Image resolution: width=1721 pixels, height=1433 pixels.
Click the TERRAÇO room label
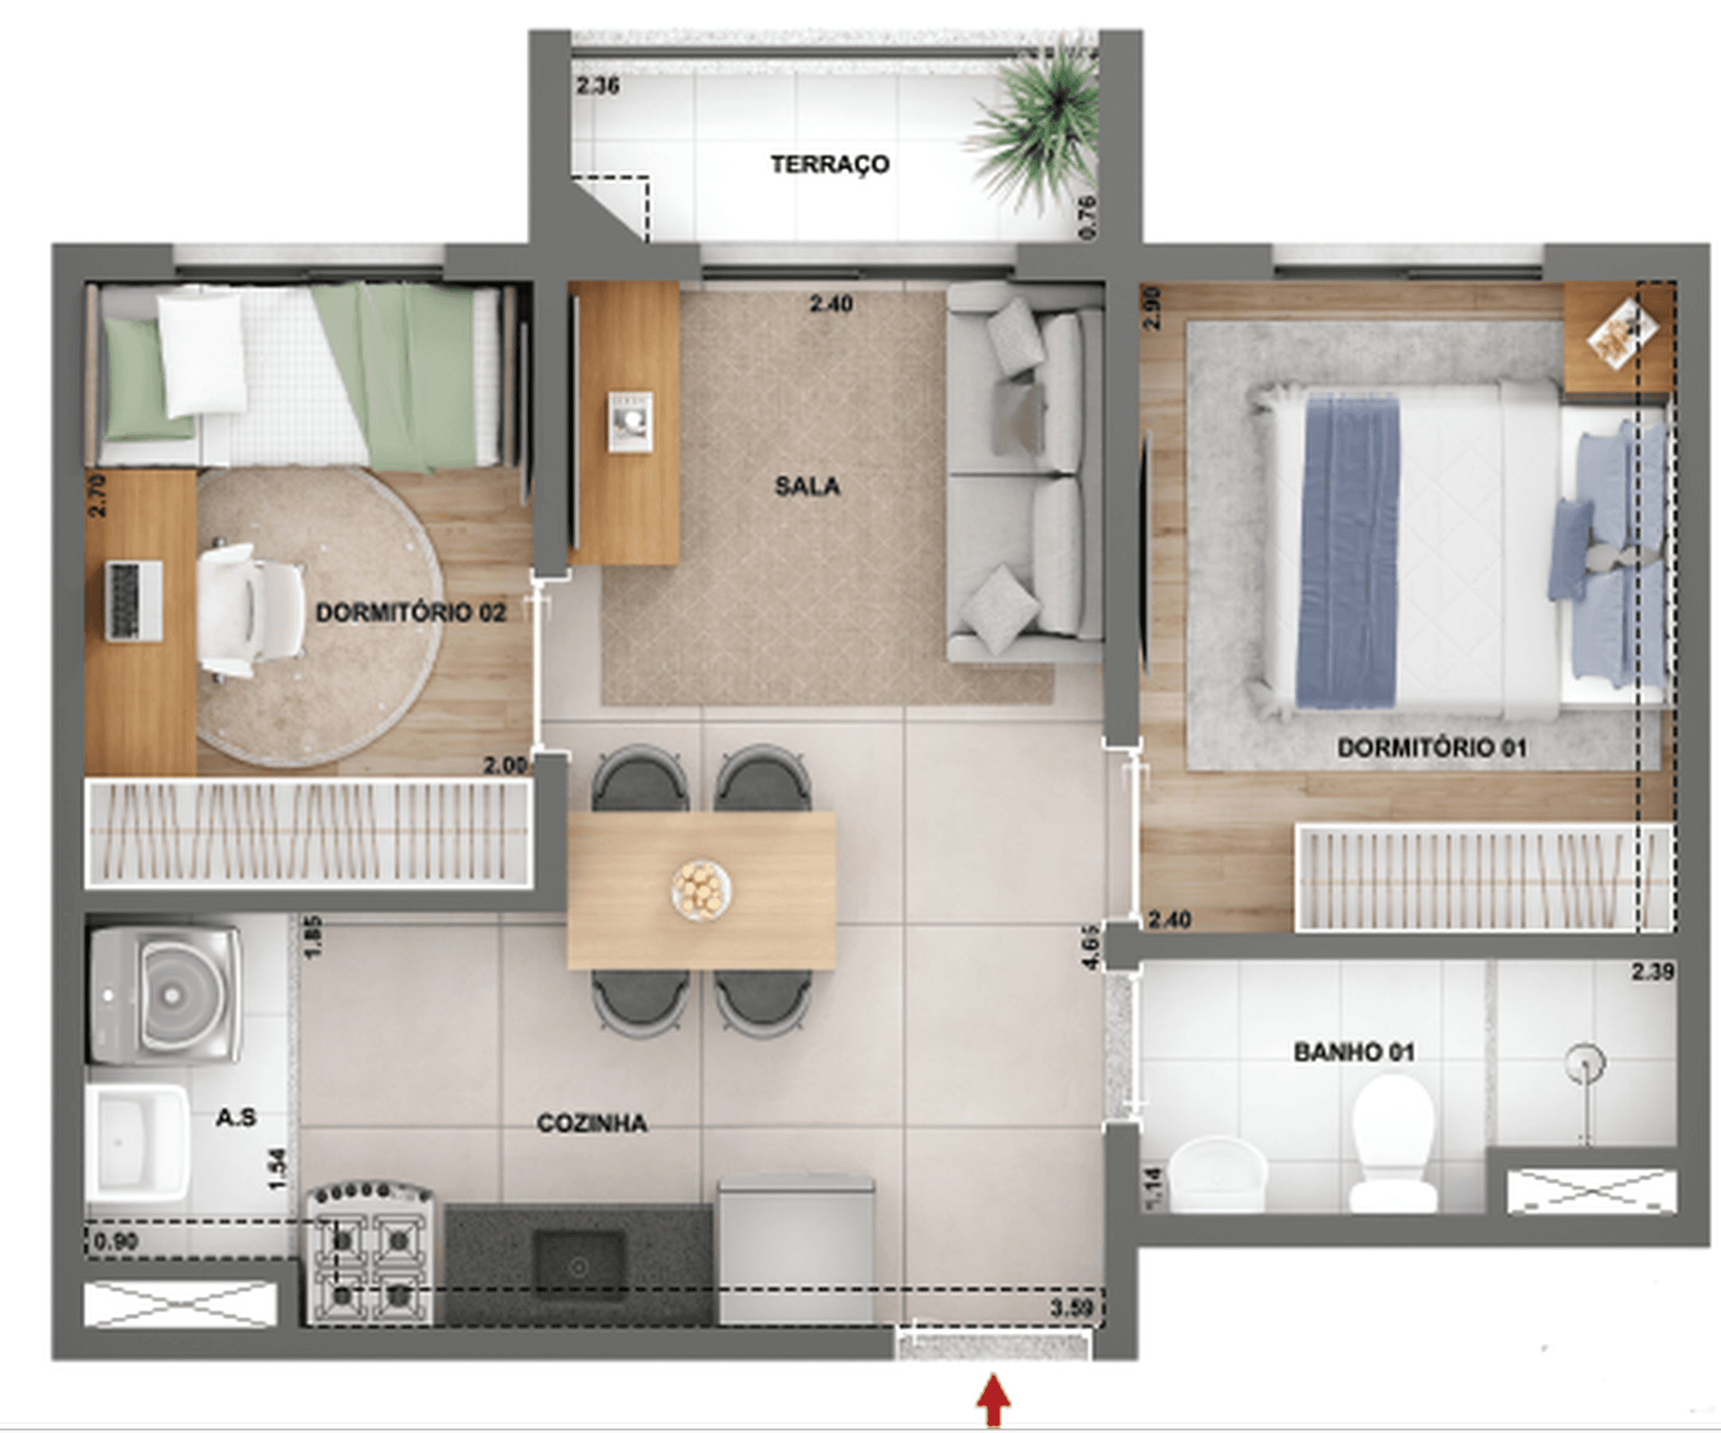coord(829,165)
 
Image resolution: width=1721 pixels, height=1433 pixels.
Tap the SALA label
coord(808,486)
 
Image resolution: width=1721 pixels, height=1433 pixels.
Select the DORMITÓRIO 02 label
coord(411,613)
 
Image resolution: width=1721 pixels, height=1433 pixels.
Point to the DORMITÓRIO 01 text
coord(1432,748)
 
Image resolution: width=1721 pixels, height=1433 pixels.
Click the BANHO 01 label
coord(1354,1052)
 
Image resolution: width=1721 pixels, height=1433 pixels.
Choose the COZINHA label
coord(592,1123)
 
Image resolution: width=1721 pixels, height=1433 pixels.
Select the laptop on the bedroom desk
coord(134,601)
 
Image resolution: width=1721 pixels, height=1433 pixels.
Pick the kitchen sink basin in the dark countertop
coord(579,1266)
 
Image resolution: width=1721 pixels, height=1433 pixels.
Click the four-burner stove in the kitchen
coord(370,1254)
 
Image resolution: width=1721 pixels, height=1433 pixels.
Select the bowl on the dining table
coord(701,888)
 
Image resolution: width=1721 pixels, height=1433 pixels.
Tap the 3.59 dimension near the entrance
coord(1072,1308)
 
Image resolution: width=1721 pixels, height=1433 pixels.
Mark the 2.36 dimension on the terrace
coord(597,85)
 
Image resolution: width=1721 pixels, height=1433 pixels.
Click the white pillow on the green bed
coord(201,354)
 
